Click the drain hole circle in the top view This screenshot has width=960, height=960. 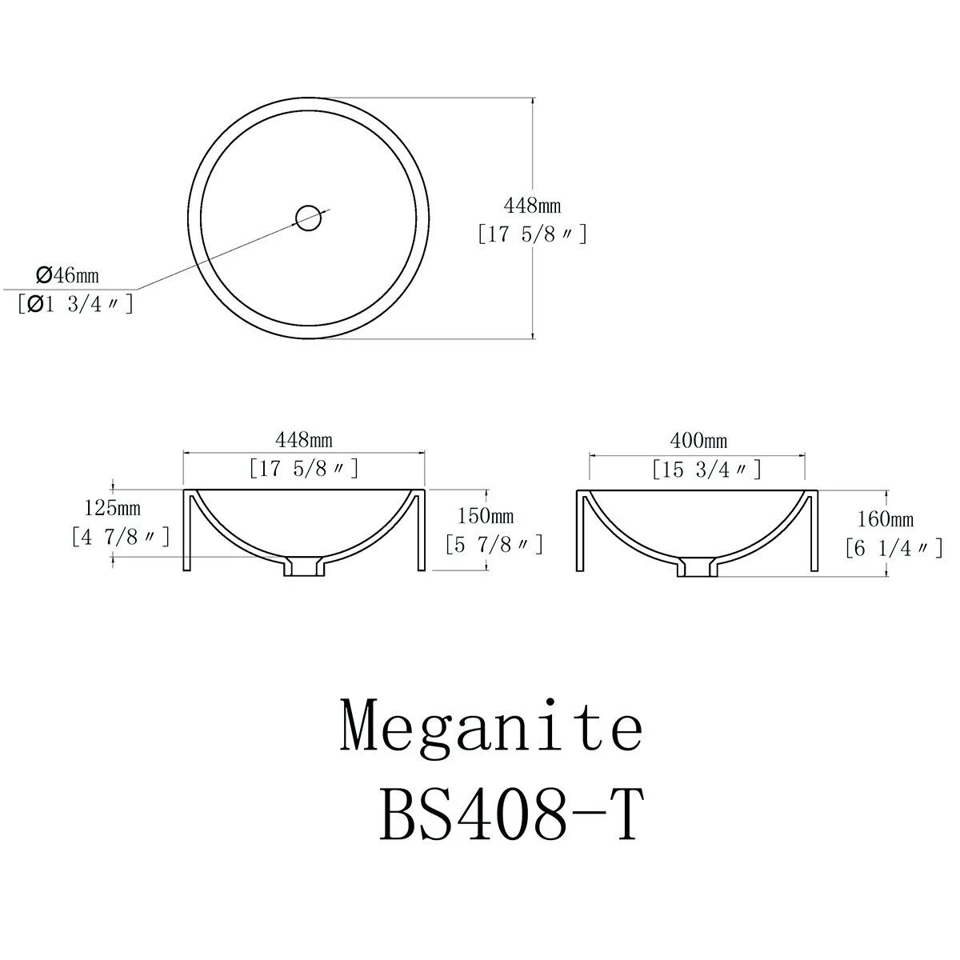[308, 206]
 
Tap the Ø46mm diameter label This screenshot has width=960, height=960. [68, 275]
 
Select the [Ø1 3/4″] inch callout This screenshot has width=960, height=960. [75, 304]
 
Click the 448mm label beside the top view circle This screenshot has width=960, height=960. [532, 206]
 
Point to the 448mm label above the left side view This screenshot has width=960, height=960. [304, 440]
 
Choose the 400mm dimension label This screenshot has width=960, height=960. [698, 440]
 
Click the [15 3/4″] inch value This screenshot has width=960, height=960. [707, 470]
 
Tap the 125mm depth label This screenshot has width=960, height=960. [112, 508]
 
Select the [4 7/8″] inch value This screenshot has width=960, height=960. [121, 537]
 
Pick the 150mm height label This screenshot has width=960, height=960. [486, 516]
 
